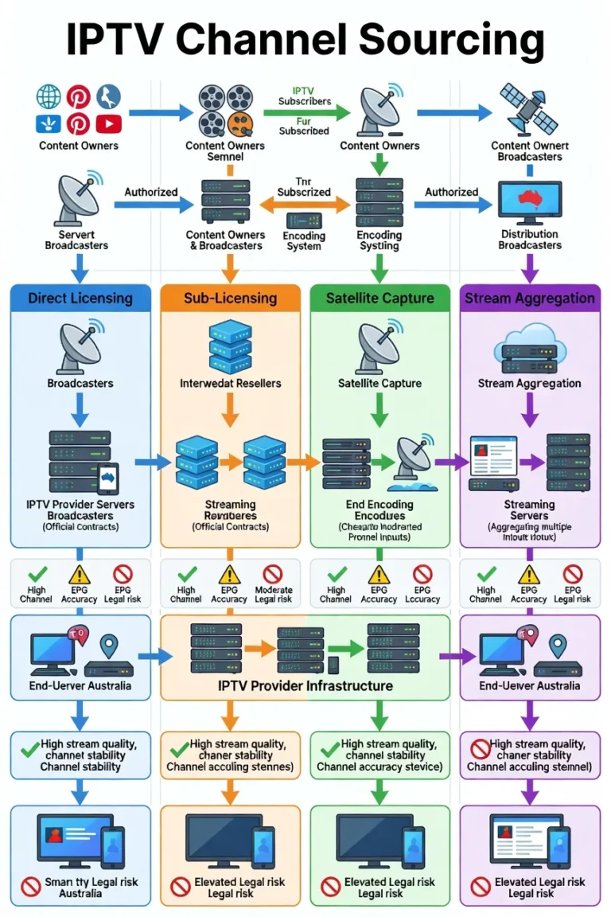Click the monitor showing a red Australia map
click(x=529, y=201)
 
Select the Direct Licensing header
click(x=80, y=299)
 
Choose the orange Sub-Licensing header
click(x=230, y=299)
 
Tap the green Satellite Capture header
click(x=379, y=299)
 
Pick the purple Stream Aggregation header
click(x=529, y=299)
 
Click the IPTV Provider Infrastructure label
click(x=305, y=685)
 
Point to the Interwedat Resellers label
click(x=230, y=383)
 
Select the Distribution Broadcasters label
click(x=529, y=240)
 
